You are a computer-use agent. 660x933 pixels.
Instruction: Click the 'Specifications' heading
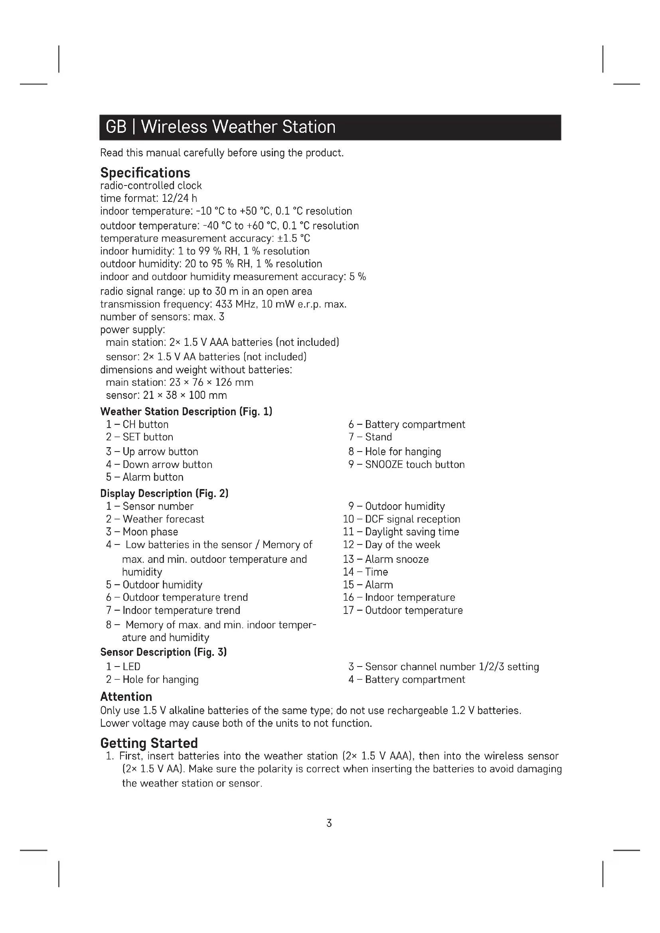[145, 173]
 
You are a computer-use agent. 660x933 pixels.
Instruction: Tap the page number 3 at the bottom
[329, 823]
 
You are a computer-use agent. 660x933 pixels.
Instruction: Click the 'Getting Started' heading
[149, 743]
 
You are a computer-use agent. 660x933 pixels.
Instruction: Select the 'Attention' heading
[126, 696]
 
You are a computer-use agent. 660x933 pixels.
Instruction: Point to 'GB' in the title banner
[116, 127]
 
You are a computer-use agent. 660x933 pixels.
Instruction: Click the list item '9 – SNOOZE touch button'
[406, 464]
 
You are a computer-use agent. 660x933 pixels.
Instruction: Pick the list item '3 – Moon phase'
[142, 532]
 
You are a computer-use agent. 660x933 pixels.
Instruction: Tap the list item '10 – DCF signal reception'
[401, 519]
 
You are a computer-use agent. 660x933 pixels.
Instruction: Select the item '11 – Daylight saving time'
[401, 532]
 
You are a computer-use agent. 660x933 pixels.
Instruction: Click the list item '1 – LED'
[123, 667]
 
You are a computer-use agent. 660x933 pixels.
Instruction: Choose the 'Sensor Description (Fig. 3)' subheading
[163, 652]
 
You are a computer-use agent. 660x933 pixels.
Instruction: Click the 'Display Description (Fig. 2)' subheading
[164, 493]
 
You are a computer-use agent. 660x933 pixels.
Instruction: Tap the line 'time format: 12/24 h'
[149, 198]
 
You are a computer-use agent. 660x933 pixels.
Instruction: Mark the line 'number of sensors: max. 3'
[162, 317]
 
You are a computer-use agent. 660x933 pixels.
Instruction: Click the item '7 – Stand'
[370, 437]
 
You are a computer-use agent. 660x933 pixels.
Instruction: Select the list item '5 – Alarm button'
[145, 477]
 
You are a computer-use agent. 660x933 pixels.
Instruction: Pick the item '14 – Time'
[366, 572]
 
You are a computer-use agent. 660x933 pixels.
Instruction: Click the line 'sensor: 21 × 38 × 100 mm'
[166, 395]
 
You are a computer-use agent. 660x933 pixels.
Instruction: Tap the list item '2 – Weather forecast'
[155, 519]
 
